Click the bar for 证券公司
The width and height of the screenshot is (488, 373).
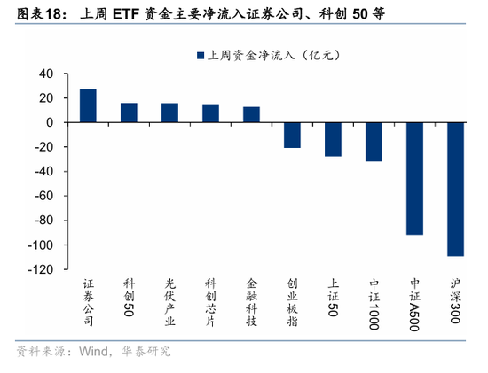(88, 105)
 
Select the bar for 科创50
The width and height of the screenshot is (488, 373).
(129, 113)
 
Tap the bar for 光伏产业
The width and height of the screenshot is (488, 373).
(169, 113)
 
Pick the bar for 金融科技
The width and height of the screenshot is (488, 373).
(251, 114)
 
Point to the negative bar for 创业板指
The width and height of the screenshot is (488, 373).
(292, 135)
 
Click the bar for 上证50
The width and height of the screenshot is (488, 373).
(333, 139)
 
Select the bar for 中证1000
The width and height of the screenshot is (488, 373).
(374, 142)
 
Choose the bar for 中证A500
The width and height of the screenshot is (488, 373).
(414, 178)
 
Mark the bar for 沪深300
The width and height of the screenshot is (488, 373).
(455, 189)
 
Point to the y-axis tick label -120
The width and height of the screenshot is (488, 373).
(40, 269)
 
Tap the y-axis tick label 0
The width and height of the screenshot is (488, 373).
(50, 122)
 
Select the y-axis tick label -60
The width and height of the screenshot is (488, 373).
(43, 196)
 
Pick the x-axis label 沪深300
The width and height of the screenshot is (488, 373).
(455, 302)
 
